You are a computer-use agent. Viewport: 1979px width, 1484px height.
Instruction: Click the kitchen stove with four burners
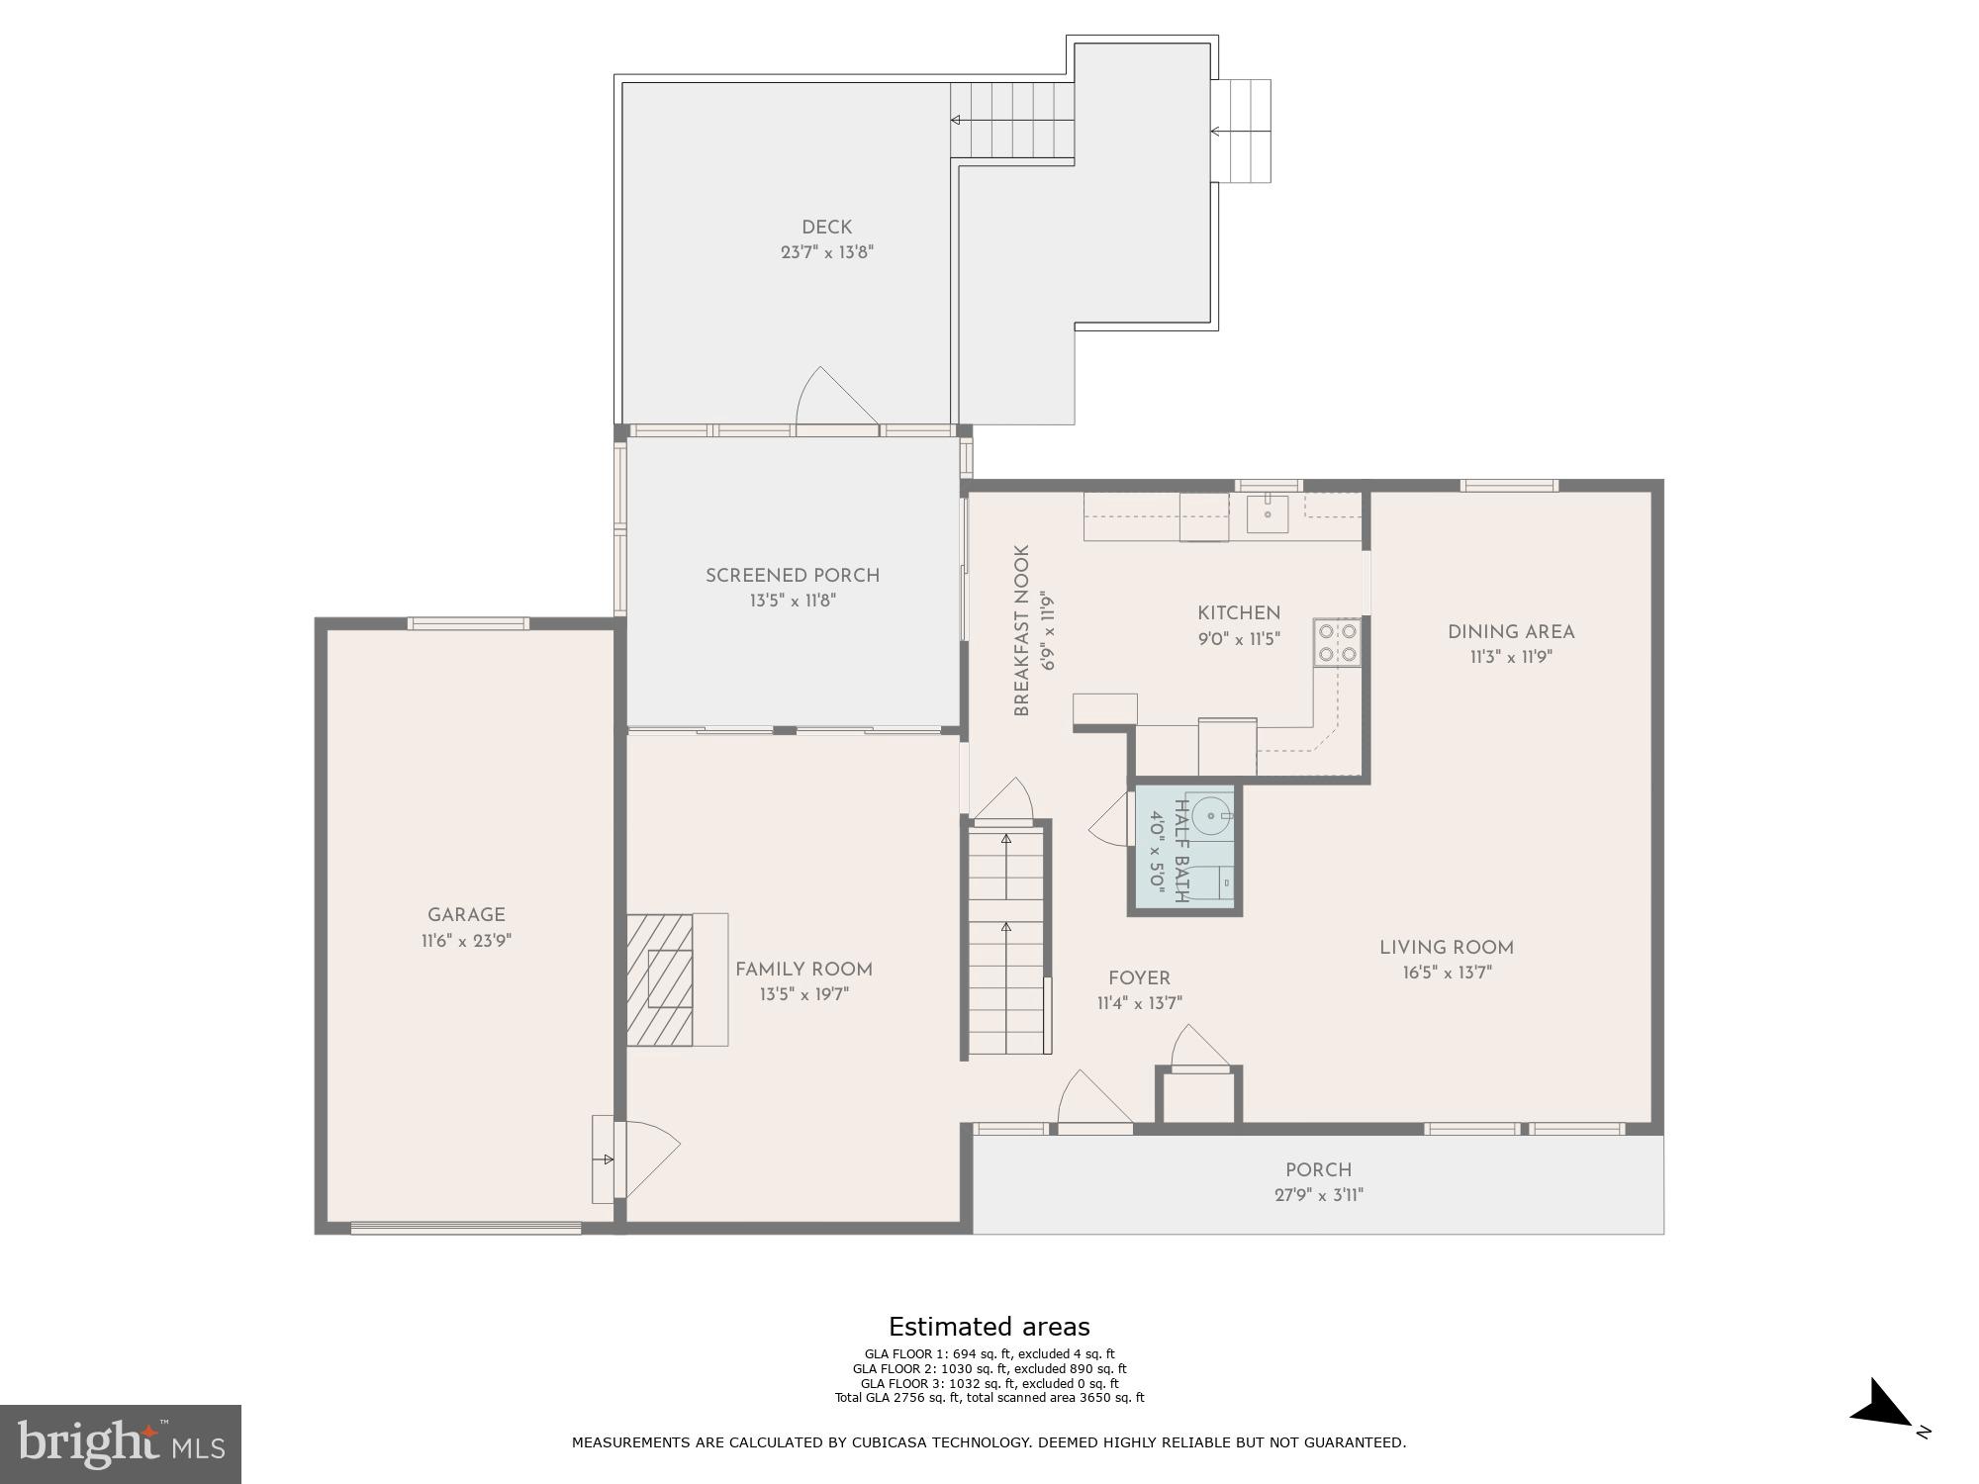1337,641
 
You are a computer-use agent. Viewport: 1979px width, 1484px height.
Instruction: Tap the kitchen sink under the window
1267,513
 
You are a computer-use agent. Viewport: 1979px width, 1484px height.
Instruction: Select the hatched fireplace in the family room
660,978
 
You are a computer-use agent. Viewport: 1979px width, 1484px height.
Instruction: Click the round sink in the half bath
1210,816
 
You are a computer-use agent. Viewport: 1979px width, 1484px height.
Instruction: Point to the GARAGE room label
466,915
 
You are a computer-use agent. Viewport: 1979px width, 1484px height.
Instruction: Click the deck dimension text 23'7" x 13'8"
826,252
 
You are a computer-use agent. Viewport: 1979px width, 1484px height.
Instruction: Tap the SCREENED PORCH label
792,575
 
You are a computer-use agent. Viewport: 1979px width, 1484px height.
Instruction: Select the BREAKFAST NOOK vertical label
1022,630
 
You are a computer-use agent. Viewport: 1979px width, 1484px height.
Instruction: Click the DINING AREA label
1510,631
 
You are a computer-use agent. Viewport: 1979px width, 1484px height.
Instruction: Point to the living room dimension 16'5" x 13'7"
1446,973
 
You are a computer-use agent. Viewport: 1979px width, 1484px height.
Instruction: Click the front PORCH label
1318,1169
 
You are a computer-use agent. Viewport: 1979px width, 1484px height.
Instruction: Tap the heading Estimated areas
989,1327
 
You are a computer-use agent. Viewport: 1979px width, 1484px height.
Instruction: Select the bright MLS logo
121,1443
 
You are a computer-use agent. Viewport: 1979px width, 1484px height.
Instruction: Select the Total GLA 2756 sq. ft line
989,1398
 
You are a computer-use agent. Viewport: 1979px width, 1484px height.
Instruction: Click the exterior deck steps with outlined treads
1242,131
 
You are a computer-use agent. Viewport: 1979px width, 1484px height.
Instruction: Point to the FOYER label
1139,977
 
